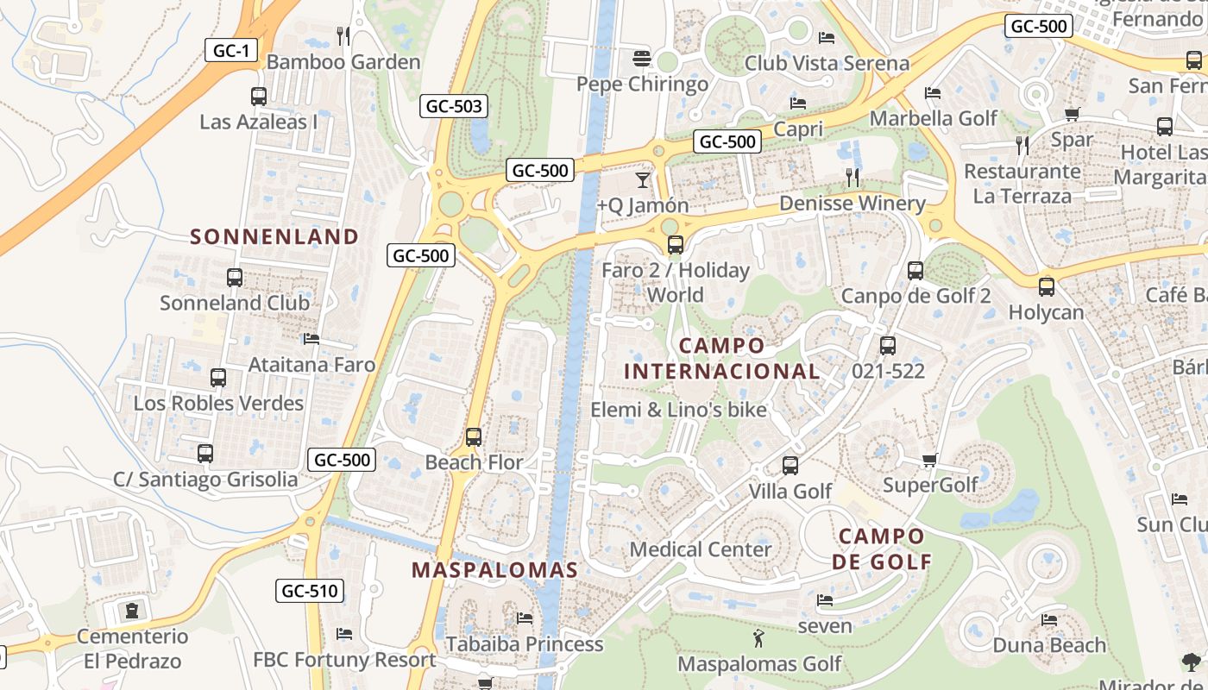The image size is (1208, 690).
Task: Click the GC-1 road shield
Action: [231, 51]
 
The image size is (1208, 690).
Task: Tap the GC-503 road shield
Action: [454, 107]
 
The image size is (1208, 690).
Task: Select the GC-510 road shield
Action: [311, 591]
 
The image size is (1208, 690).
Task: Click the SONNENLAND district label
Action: [274, 236]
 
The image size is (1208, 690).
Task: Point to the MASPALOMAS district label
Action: [494, 570]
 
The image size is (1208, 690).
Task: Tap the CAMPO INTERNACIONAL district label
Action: [721, 359]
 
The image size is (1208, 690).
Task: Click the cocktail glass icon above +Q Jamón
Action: [643, 180]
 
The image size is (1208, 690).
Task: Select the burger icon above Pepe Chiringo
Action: [641, 59]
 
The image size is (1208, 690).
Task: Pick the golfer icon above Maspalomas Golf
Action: [758, 639]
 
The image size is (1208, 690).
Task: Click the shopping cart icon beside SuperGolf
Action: [929, 460]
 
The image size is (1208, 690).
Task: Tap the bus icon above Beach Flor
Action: [474, 437]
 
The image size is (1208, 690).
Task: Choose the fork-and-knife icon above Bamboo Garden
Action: [343, 36]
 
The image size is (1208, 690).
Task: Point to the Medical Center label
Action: [701, 549]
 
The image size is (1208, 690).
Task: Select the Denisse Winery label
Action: [852, 204]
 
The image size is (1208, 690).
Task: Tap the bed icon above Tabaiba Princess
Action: [524, 618]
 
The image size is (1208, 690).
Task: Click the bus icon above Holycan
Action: [1047, 287]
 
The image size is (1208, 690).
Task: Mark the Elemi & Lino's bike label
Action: [678, 410]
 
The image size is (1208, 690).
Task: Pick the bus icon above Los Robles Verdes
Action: [218, 378]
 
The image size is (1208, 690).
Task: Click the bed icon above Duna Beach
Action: [1049, 620]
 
